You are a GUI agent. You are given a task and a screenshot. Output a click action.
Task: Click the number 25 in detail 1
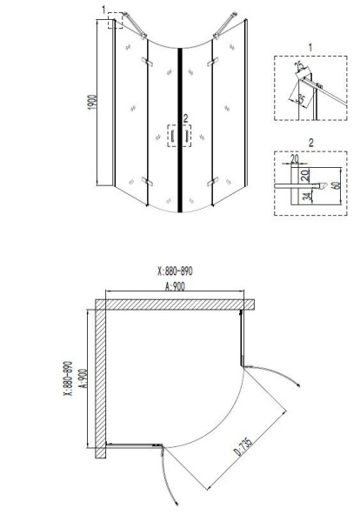pyautogui.click(x=297, y=67)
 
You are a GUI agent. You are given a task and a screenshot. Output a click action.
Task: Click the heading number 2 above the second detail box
pyautogui.click(x=310, y=138)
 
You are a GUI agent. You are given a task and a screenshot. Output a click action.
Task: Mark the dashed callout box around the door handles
pyautogui.click(x=179, y=136)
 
